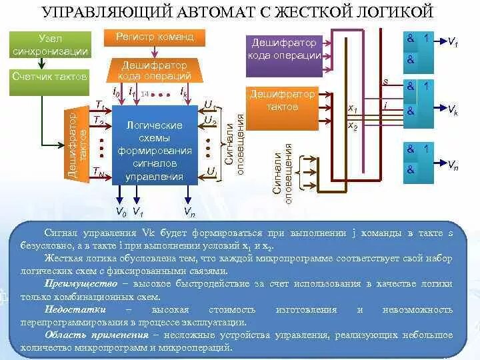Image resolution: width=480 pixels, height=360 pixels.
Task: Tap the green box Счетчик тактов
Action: pyautogui.click(x=50, y=77)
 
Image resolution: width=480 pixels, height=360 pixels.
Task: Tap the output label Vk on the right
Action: pyautogui.click(x=452, y=109)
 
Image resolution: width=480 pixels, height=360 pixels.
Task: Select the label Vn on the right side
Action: pyautogui.click(x=452, y=165)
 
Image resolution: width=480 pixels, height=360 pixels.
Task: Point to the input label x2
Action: pyautogui.click(x=353, y=125)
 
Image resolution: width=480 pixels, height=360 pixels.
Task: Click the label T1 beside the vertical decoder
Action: pyautogui.click(x=100, y=105)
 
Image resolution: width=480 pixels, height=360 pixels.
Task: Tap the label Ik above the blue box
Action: pyautogui.click(x=183, y=93)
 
